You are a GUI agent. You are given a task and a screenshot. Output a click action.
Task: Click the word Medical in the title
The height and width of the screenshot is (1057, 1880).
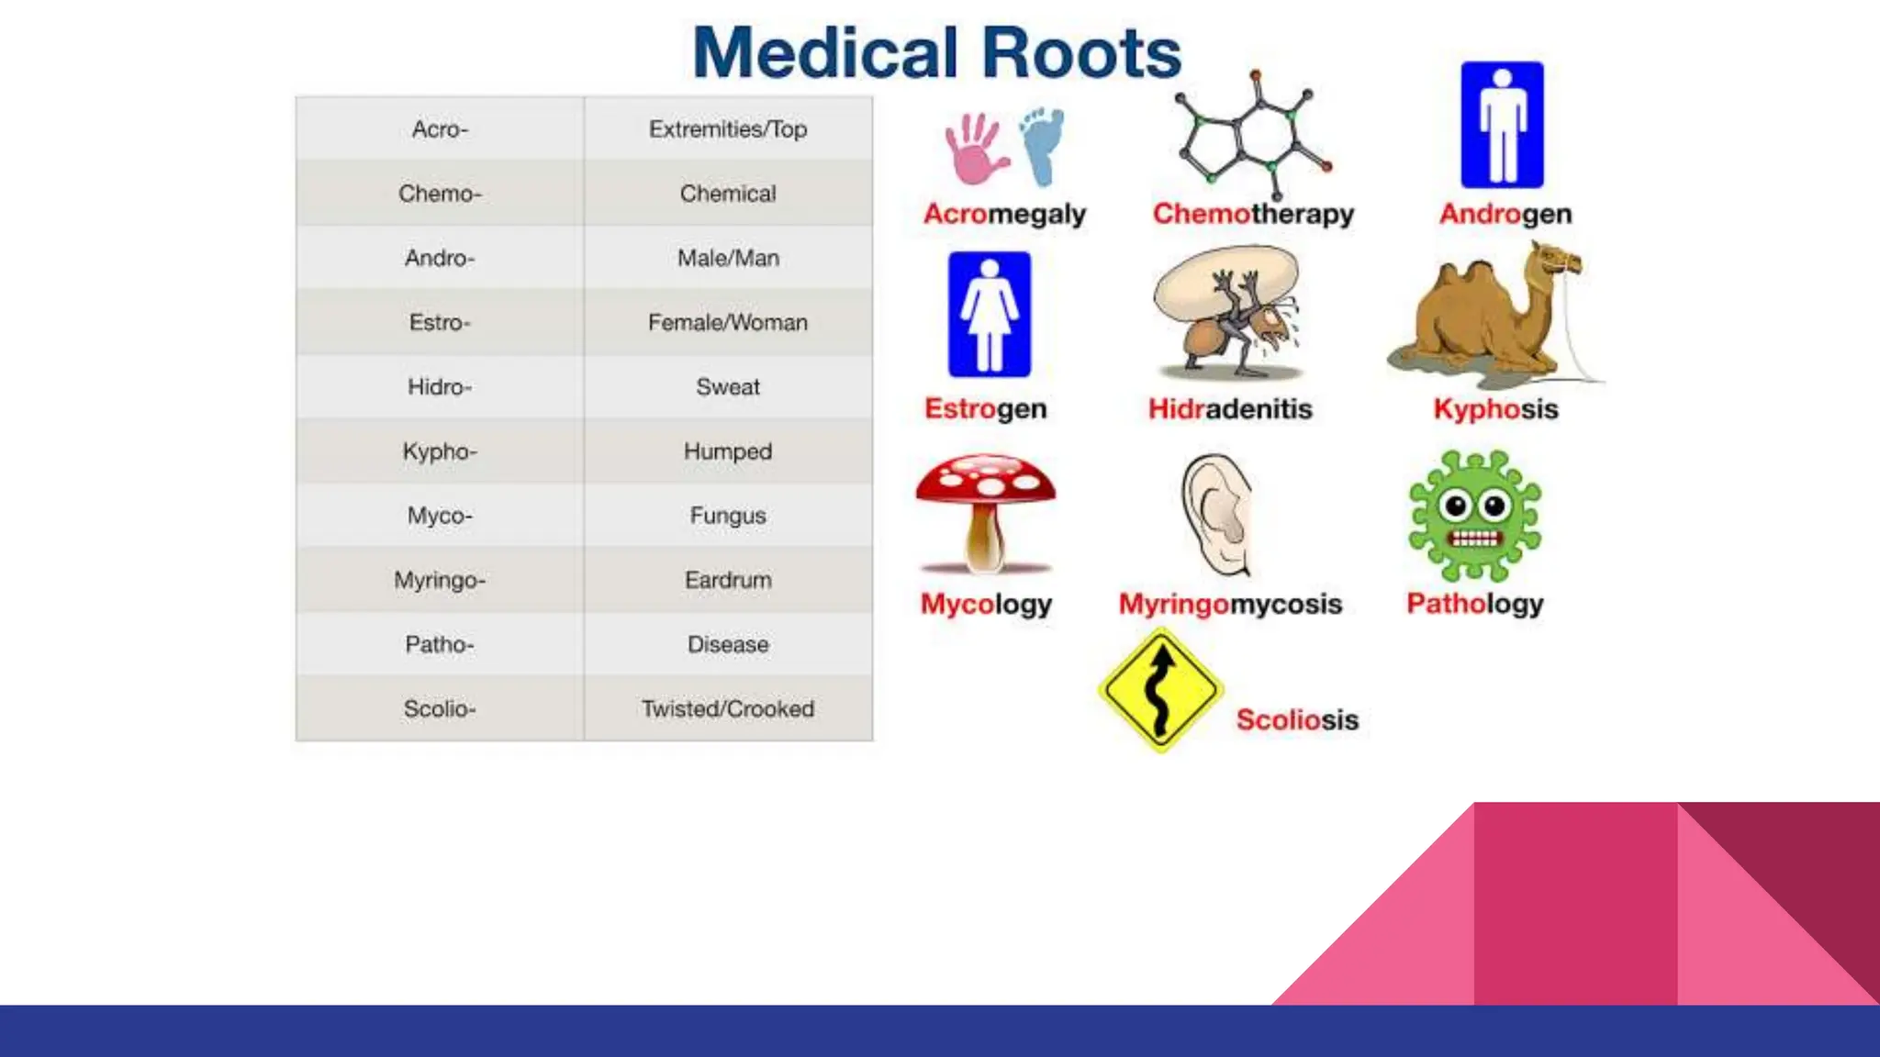click(x=824, y=53)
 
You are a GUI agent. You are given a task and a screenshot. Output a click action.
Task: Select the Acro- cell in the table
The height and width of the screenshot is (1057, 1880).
click(x=440, y=129)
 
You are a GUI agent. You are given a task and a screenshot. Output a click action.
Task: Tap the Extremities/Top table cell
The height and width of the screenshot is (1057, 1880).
click(x=728, y=129)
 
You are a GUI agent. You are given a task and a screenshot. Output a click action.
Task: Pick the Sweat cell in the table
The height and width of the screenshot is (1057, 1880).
click(x=728, y=387)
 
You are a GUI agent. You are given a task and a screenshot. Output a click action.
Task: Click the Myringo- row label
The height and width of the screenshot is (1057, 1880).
click(x=440, y=580)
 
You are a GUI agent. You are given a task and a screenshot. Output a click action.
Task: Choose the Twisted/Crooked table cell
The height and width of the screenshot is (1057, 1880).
click(x=728, y=708)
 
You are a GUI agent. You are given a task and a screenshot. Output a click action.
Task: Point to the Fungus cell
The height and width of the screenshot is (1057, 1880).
click(x=728, y=516)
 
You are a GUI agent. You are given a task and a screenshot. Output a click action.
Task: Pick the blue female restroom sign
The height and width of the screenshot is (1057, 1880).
click(x=989, y=315)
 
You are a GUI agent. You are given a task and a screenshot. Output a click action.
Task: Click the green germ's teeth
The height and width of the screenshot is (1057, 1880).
click(x=1474, y=539)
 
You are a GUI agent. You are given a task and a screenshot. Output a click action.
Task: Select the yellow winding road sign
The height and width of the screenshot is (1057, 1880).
click(x=1160, y=690)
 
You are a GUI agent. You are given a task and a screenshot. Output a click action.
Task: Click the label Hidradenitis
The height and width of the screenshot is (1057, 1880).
click(x=1230, y=408)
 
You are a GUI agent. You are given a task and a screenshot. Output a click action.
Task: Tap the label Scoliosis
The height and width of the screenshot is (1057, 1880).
click(x=1296, y=719)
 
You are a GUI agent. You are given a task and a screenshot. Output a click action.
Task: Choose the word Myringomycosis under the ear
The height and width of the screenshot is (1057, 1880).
click(x=1230, y=604)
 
